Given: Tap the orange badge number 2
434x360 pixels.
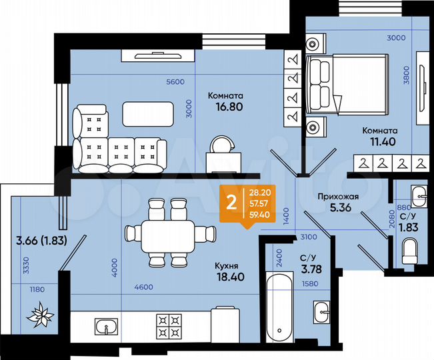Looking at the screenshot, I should [x=231, y=203].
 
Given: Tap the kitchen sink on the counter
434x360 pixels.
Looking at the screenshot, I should [x=106, y=327].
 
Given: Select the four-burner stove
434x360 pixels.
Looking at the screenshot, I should [x=169, y=327].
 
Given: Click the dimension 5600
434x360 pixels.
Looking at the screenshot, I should [x=175, y=82].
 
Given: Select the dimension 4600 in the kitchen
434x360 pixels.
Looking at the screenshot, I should [x=143, y=287].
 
